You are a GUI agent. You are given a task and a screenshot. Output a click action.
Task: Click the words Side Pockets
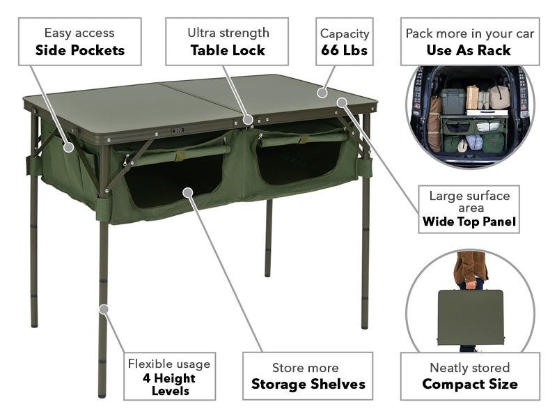(x=80, y=50)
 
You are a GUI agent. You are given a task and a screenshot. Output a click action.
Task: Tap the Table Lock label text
(x=228, y=50)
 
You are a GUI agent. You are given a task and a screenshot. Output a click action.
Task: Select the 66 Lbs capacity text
(x=344, y=50)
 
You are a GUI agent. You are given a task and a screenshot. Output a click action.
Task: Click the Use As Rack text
(x=469, y=50)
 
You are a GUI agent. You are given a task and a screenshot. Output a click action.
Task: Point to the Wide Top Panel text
(x=469, y=222)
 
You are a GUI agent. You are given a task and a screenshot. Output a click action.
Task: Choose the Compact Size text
(x=470, y=385)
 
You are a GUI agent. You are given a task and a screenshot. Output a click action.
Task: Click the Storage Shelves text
(x=308, y=385)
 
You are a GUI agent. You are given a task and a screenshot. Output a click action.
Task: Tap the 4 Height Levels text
(x=169, y=385)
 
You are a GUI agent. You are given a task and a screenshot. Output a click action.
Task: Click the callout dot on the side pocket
(x=68, y=147)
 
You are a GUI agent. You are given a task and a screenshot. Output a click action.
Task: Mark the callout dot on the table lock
(x=248, y=120)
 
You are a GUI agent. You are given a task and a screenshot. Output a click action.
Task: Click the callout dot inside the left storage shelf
(x=187, y=193)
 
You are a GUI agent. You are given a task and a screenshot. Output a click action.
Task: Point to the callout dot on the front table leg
(x=103, y=309)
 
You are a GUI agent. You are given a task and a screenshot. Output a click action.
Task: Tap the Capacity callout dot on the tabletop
(x=322, y=93)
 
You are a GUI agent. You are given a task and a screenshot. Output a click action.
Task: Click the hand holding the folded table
(x=471, y=285)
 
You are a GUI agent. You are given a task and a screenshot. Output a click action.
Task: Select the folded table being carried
(x=471, y=318)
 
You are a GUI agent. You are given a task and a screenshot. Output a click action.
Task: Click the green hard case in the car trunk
(x=453, y=101)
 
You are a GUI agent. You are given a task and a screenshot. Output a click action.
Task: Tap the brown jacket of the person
(x=469, y=267)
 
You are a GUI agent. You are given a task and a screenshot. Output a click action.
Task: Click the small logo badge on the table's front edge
(x=178, y=130)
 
